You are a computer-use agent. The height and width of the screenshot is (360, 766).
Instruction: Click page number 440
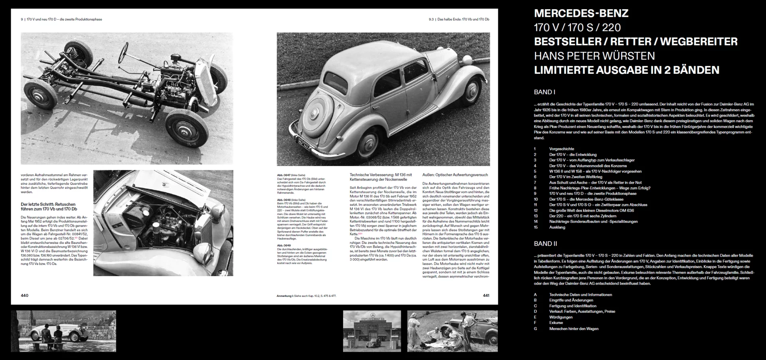pos(25,295)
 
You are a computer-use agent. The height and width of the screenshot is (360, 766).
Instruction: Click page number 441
pos(486,295)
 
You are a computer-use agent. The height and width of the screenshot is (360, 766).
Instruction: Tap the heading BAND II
pos(545,244)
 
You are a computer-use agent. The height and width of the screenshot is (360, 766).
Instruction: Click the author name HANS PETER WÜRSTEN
pos(594,56)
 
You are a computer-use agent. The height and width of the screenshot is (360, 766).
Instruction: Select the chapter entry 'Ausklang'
pos(557,227)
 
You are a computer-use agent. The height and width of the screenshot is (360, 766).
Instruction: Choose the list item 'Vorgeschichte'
pos(561,149)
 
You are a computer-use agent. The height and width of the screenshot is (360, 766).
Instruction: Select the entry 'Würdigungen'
pos(561,317)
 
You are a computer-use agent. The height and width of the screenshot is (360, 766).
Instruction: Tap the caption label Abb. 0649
pos(284,245)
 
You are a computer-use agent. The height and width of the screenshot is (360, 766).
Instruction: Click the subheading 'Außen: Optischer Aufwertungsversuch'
pos(455,175)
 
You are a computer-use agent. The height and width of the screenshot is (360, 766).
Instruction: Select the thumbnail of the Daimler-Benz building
pos(372,331)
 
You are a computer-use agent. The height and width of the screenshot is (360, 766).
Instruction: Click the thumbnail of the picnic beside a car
pos(452,331)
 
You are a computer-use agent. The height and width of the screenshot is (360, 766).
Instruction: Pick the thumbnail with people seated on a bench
pos(63,331)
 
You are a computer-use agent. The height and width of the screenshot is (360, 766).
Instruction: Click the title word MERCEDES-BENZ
pos(581,13)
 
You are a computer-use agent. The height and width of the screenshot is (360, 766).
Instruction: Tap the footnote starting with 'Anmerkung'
pos(306,296)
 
